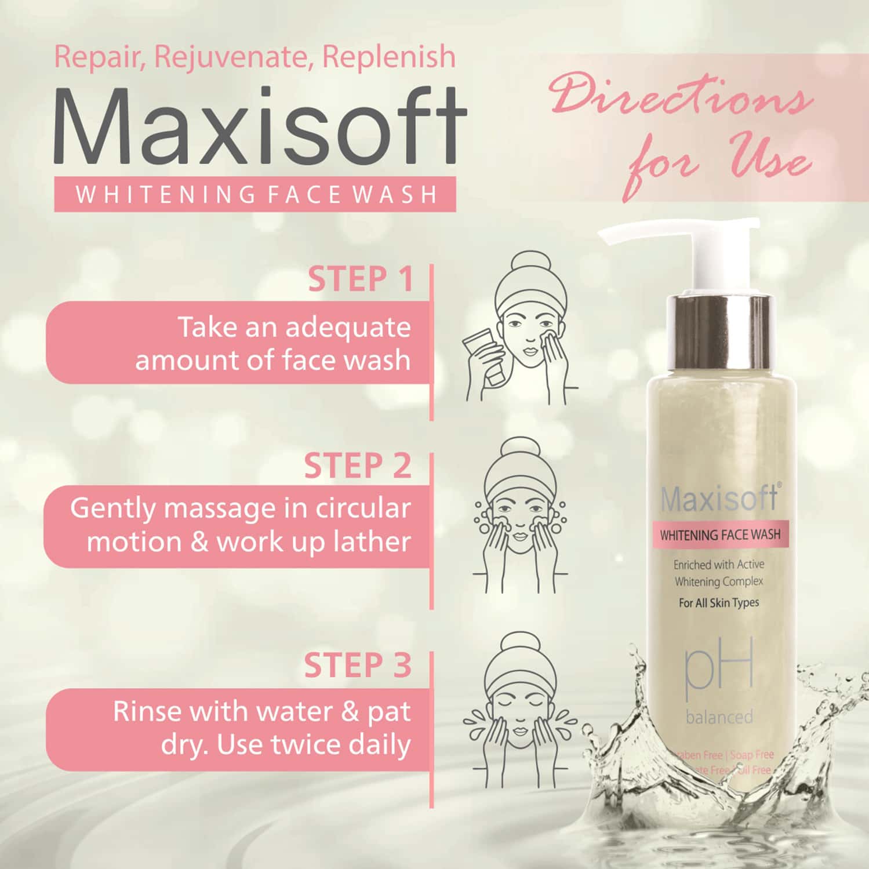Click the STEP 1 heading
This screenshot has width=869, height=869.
click(360, 279)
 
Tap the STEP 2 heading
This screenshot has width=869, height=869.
click(358, 466)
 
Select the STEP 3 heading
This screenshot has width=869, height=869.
click(358, 665)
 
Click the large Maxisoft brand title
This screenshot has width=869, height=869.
click(260, 126)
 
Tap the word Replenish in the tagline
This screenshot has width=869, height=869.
click(388, 56)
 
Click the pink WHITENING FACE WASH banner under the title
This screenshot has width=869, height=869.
click(255, 195)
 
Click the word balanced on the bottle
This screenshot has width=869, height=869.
click(719, 717)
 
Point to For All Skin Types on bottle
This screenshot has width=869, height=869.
click(719, 603)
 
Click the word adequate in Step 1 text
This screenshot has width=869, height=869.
click(348, 328)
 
